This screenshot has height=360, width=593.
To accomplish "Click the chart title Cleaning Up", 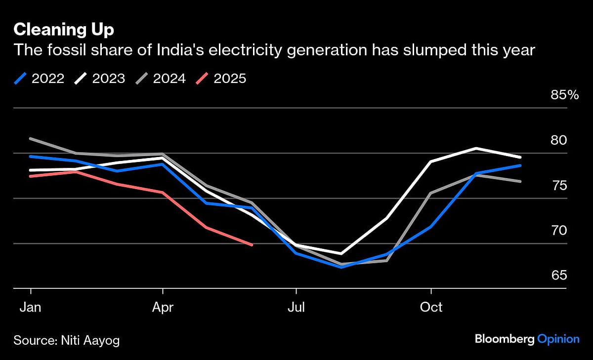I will pos(64,30).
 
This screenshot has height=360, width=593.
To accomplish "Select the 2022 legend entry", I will pos(40,79).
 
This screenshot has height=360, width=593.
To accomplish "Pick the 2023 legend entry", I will pos(100,79).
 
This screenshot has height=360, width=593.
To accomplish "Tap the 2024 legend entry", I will pos(161,79).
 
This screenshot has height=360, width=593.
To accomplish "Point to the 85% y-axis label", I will pos(564,95).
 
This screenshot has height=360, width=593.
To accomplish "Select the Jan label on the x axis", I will pos(31,307).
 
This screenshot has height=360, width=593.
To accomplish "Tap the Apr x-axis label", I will pos(163,307).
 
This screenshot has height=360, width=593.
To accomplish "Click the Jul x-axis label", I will pos(296,307).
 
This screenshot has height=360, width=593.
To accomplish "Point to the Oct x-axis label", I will pos(431,307).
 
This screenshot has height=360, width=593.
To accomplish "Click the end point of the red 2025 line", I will pos(252,244).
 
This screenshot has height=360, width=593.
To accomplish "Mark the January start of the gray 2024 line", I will pos(31,139).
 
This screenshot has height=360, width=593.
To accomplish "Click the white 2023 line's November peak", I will pos(476,148).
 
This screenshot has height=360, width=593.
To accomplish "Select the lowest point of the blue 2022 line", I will pos(341,267).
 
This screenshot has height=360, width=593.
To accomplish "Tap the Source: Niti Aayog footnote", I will pos(67,340).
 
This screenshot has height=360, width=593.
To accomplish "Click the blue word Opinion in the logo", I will pos(558,339).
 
